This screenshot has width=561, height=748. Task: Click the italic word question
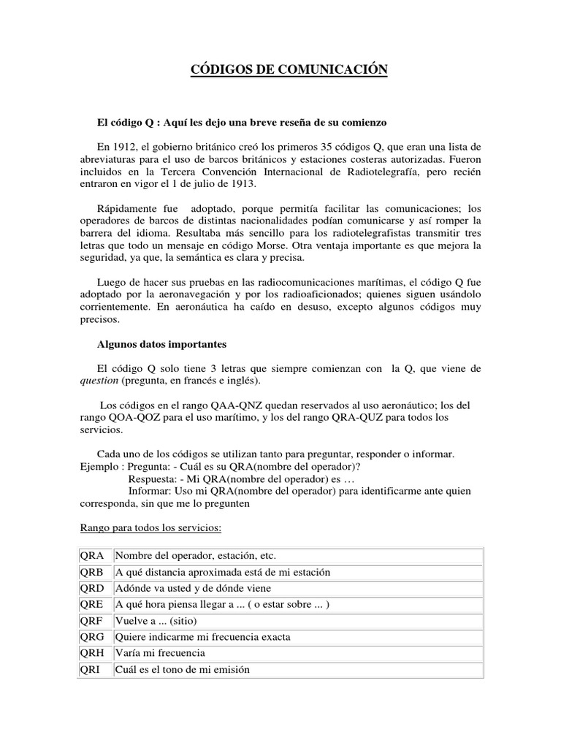click(98, 381)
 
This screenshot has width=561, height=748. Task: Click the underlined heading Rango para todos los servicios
click(149, 527)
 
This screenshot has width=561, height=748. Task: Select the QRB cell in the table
click(92, 572)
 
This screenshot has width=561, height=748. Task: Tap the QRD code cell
click(92, 588)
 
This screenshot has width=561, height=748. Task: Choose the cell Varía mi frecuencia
click(160, 652)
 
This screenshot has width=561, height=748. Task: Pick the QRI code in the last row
click(91, 669)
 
